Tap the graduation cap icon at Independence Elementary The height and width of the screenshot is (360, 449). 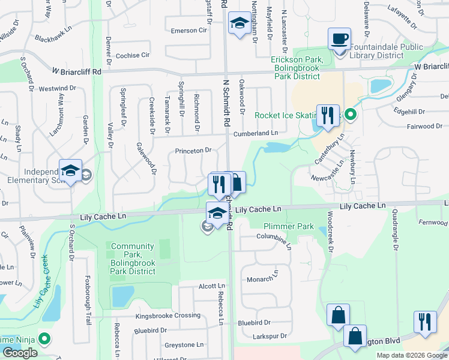pyautogui.click(x=70, y=171)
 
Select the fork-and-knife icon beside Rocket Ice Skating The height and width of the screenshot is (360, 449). pyautogui.click(x=327, y=115)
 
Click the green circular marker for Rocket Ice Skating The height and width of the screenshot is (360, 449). pyautogui.click(x=351, y=115)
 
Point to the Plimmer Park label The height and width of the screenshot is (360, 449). pyautogui.click(x=289, y=227)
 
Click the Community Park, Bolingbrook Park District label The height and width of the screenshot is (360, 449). pyautogui.click(x=133, y=255)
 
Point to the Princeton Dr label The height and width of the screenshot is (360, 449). pyautogui.click(x=193, y=151)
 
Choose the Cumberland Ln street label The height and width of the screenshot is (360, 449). pyautogui.click(x=256, y=133)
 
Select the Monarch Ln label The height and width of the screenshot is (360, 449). pyautogui.click(x=263, y=278)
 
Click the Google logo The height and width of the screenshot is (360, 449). pyautogui.click(x=20, y=353)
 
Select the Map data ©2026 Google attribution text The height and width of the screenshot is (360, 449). pyautogui.click(x=411, y=355)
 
